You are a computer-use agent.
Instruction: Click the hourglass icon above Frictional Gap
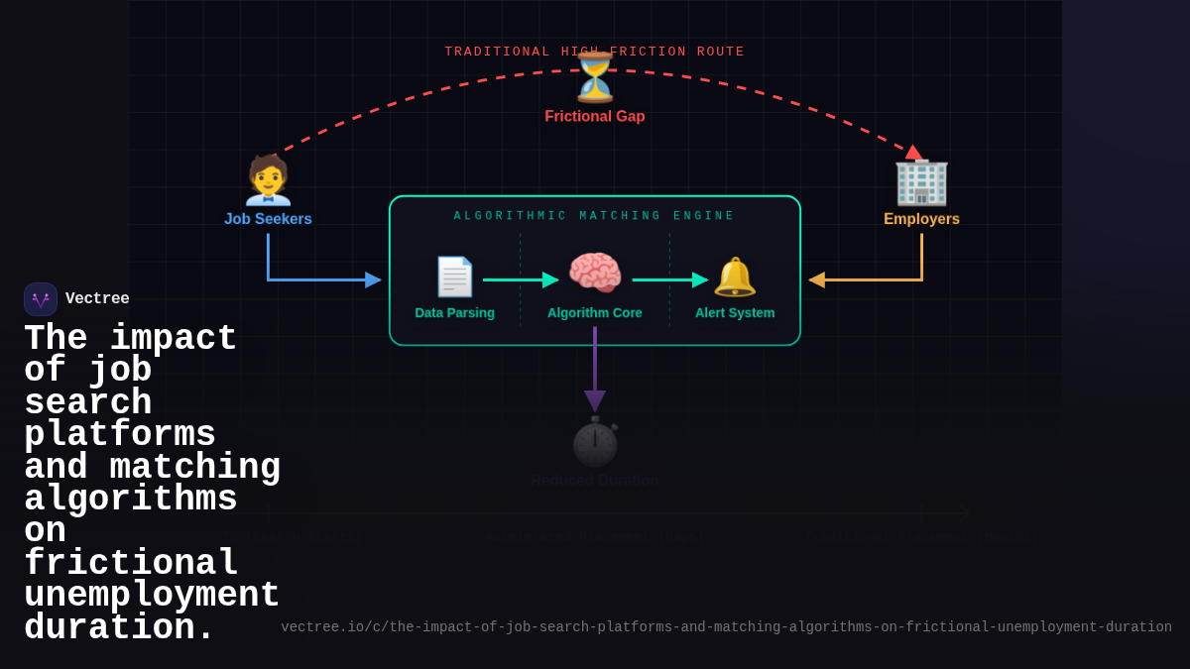(x=595, y=78)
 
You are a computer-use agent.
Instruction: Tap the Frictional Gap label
(x=595, y=116)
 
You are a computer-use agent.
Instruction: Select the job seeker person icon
(x=268, y=180)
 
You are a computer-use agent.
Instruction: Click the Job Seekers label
(x=268, y=219)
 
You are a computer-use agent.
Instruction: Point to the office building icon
(x=921, y=181)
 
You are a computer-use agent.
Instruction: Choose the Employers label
(x=921, y=219)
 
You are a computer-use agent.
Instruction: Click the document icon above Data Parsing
(x=454, y=277)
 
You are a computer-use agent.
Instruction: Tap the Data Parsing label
(x=454, y=313)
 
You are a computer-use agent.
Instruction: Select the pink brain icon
(x=595, y=274)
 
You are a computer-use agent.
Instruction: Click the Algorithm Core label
(x=595, y=313)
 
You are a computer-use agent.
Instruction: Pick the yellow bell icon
(x=735, y=277)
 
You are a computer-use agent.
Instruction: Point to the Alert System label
(x=735, y=313)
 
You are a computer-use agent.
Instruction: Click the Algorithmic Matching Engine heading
(x=595, y=216)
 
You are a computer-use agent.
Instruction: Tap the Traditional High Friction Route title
(x=595, y=52)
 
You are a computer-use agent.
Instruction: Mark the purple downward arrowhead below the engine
(x=595, y=400)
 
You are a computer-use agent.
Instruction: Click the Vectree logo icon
(x=41, y=299)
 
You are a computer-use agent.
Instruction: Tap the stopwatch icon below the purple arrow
(x=595, y=442)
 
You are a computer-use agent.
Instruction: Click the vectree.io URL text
(x=726, y=627)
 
